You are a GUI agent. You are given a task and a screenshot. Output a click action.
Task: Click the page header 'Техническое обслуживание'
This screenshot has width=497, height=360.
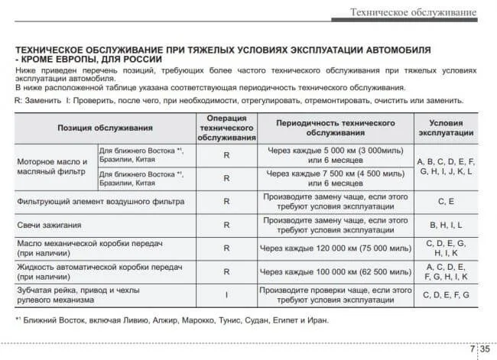click(x=413, y=11)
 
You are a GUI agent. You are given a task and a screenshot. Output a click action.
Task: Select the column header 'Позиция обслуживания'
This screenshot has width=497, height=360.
click(x=106, y=128)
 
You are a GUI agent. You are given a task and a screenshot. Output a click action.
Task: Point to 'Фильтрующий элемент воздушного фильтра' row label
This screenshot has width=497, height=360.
click(x=101, y=201)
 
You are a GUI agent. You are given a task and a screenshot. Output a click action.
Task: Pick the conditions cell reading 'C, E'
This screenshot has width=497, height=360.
click(x=446, y=201)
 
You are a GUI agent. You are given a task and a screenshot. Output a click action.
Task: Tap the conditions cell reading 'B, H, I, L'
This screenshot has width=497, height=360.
click(x=446, y=225)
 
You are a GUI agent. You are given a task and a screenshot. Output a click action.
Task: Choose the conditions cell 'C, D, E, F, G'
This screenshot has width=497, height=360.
click(x=446, y=295)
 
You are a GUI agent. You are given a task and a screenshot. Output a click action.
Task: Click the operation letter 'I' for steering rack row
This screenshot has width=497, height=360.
click(x=226, y=295)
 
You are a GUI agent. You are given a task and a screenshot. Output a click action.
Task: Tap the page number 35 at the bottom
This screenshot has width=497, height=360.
click(x=485, y=349)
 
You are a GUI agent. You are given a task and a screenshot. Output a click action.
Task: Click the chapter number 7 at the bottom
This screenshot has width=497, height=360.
click(x=472, y=349)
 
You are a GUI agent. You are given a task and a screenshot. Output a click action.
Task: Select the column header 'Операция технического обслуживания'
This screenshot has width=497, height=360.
click(x=226, y=128)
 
